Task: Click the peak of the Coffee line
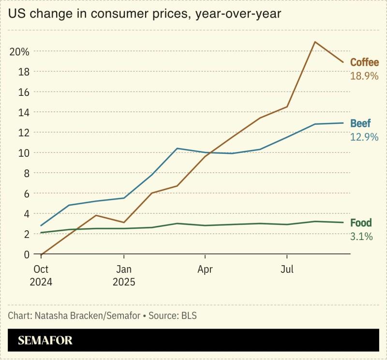(x=315, y=42)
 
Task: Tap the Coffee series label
(x=364, y=62)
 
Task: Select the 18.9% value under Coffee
(x=364, y=76)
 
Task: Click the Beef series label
(x=360, y=123)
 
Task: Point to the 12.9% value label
(x=364, y=137)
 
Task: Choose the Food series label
(x=361, y=223)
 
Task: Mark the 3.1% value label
(x=361, y=237)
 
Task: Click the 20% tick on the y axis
(x=19, y=51)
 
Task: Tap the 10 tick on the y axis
(x=24, y=153)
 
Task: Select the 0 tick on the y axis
(x=27, y=254)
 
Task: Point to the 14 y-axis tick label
(x=24, y=112)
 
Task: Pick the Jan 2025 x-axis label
(x=124, y=275)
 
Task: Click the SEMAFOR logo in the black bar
(x=45, y=340)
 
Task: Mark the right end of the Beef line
(x=343, y=123)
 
